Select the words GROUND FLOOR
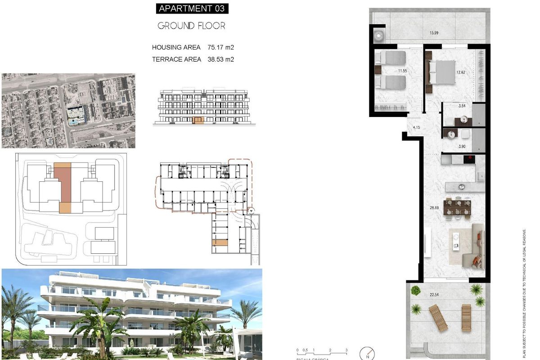(x=191, y=26)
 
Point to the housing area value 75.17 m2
(x=221, y=47)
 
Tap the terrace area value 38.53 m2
(x=221, y=59)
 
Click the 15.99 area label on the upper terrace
(x=434, y=32)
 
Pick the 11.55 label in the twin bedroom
(x=402, y=71)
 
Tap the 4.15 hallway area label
(x=416, y=128)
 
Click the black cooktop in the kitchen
(x=469, y=158)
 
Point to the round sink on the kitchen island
(x=461, y=186)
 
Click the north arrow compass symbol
(x=368, y=353)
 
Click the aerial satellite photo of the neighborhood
(x=68, y=111)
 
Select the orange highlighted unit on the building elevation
(x=198, y=120)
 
